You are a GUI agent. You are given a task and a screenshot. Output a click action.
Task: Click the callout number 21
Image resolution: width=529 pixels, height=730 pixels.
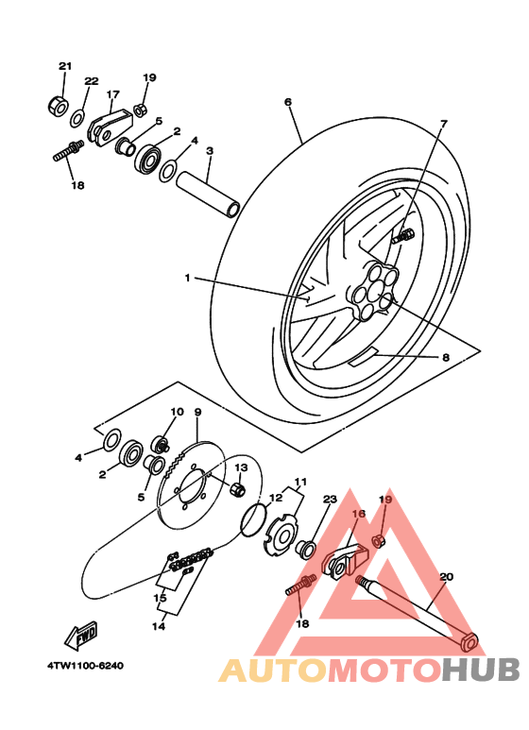(x=64, y=66)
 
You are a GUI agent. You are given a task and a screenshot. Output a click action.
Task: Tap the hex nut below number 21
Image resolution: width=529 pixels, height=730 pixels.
(x=56, y=104)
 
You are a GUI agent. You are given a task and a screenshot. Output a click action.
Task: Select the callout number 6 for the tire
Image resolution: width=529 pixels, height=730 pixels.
(x=287, y=102)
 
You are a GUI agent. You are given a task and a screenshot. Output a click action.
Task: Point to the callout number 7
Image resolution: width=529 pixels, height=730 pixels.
(x=443, y=124)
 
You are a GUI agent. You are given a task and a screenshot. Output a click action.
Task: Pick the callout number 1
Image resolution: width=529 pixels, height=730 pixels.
(x=187, y=278)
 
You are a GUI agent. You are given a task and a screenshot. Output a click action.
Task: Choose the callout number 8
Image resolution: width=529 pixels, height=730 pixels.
(x=444, y=358)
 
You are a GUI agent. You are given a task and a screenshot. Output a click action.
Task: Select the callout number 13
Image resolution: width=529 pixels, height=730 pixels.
(x=241, y=467)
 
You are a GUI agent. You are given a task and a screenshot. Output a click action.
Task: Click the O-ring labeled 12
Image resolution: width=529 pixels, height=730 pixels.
(x=251, y=517)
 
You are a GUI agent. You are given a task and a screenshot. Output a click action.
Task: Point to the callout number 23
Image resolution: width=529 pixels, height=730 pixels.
(x=330, y=500)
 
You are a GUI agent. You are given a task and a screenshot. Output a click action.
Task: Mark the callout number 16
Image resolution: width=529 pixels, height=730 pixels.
(x=359, y=515)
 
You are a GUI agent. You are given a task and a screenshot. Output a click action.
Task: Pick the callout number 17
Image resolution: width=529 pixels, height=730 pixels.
(x=113, y=94)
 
